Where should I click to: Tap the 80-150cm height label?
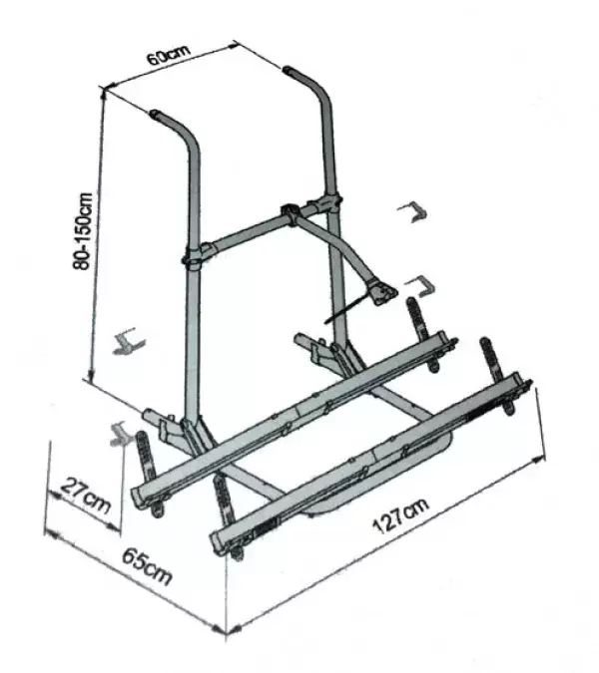[83, 231]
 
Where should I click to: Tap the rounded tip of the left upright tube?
[155, 115]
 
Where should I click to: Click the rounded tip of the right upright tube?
[288, 69]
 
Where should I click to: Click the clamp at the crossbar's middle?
[290, 213]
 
